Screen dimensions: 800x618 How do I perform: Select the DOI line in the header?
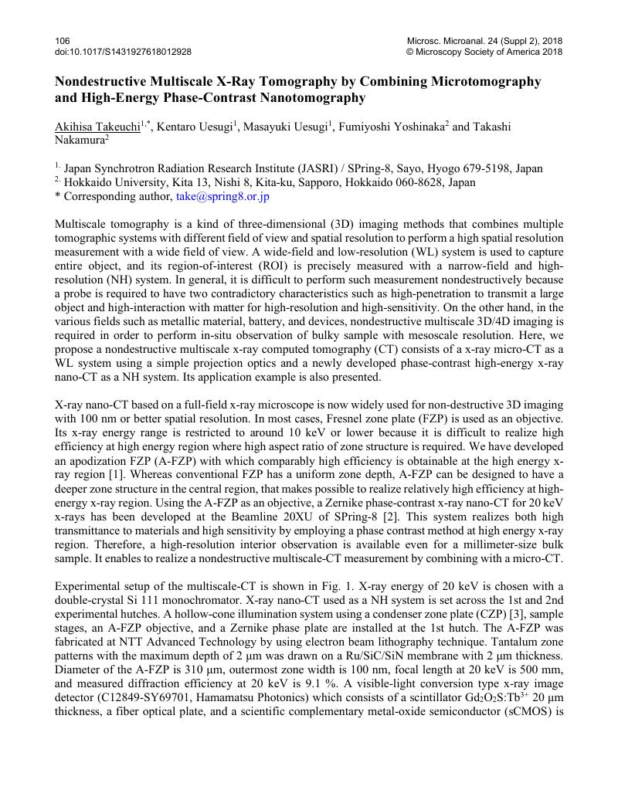pos(123,52)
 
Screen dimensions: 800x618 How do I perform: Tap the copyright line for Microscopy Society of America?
pos(484,52)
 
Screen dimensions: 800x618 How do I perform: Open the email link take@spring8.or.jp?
pos(222,197)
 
